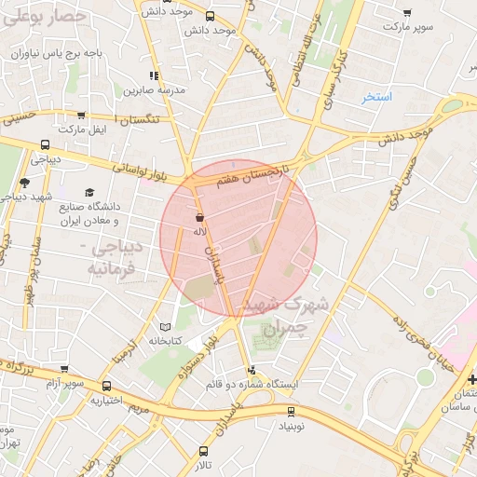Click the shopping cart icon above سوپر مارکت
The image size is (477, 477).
coord(407,13)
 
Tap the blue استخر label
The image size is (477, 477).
coord(378,97)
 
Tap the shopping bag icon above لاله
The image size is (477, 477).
coord(199,215)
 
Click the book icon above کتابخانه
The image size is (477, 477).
coord(165,327)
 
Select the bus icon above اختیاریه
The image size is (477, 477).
coord(106,386)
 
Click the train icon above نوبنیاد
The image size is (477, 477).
coord(291,410)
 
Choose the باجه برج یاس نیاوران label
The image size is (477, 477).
coord(55,53)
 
